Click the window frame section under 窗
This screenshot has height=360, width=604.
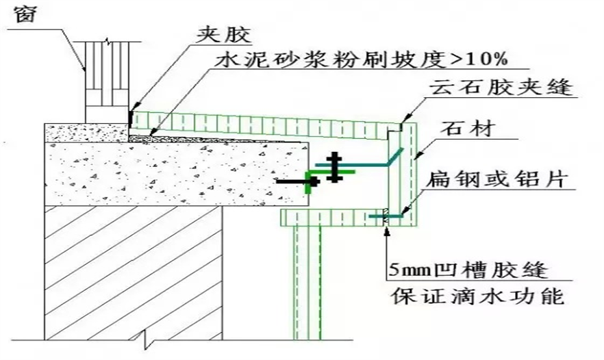pyautogui.click(x=105, y=79)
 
